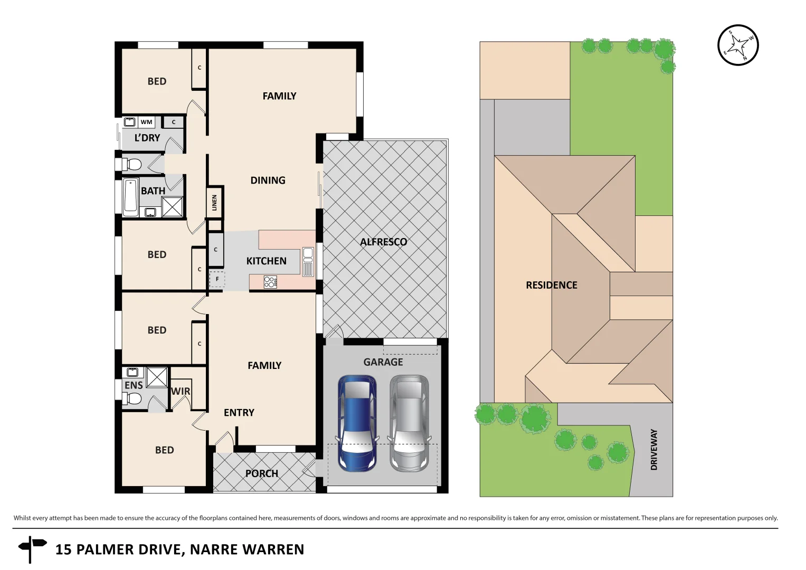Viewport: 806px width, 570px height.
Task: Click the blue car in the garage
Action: tap(357, 423)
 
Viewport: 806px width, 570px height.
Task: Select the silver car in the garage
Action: tap(409, 423)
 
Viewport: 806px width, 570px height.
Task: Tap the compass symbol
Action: tap(738, 45)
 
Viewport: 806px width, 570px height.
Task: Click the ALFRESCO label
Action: tap(383, 242)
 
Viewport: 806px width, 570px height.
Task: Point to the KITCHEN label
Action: tap(266, 261)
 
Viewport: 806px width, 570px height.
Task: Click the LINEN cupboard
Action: tap(214, 202)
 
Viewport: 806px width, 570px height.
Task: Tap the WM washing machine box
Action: tap(146, 122)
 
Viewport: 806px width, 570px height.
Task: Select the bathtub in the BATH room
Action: tap(130, 197)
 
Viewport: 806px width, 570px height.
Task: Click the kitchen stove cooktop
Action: tap(270, 282)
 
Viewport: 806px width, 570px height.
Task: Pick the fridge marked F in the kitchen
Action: tap(217, 279)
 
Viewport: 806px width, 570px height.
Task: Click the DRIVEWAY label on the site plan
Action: tap(654, 449)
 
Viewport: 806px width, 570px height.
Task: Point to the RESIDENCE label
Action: tap(551, 286)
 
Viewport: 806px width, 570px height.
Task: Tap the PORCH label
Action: tap(261, 473)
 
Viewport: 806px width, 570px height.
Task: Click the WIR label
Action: tap(181, 391)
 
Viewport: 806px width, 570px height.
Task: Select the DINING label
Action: tap(268, 180)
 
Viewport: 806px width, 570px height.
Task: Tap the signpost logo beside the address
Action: tap(32, 548)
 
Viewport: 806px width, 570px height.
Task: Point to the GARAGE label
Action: tap(383, 362)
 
